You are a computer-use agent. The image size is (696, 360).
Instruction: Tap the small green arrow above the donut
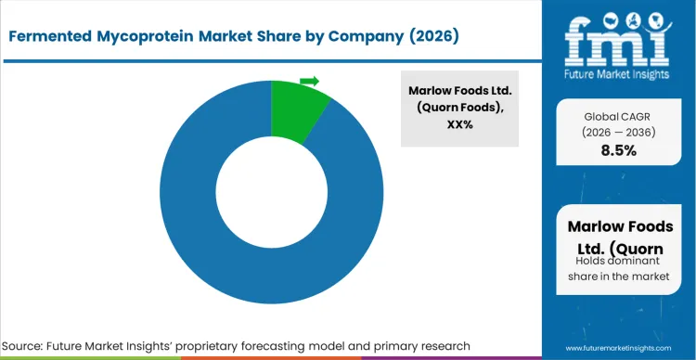(310, 82)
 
